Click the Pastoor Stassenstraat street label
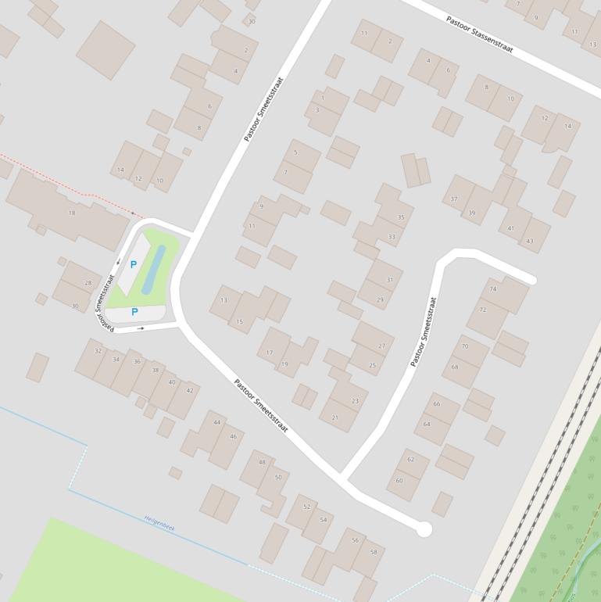point(479,34)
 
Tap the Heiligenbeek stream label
point(159,523)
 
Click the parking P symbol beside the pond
point(133,265)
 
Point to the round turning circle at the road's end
point(424,529)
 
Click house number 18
point(72,213)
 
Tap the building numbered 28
point(88,283)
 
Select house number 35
point(401,217)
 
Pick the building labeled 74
point(492,289)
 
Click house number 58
point(374,552)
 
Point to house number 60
point(399,480)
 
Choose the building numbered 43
point(530,240)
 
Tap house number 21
point(335,417)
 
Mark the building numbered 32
point(98,351)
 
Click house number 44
point(216,422)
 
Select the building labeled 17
point(270,353)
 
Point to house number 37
point(454,199)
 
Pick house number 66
point(436,404)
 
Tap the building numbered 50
point(278,477)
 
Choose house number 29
point(380,299)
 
